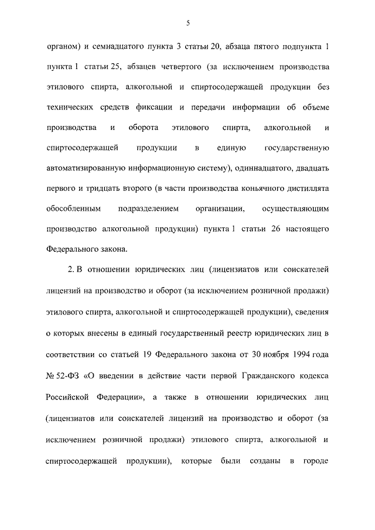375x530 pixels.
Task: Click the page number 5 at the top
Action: pyautogui.click(x=187, y=23)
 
